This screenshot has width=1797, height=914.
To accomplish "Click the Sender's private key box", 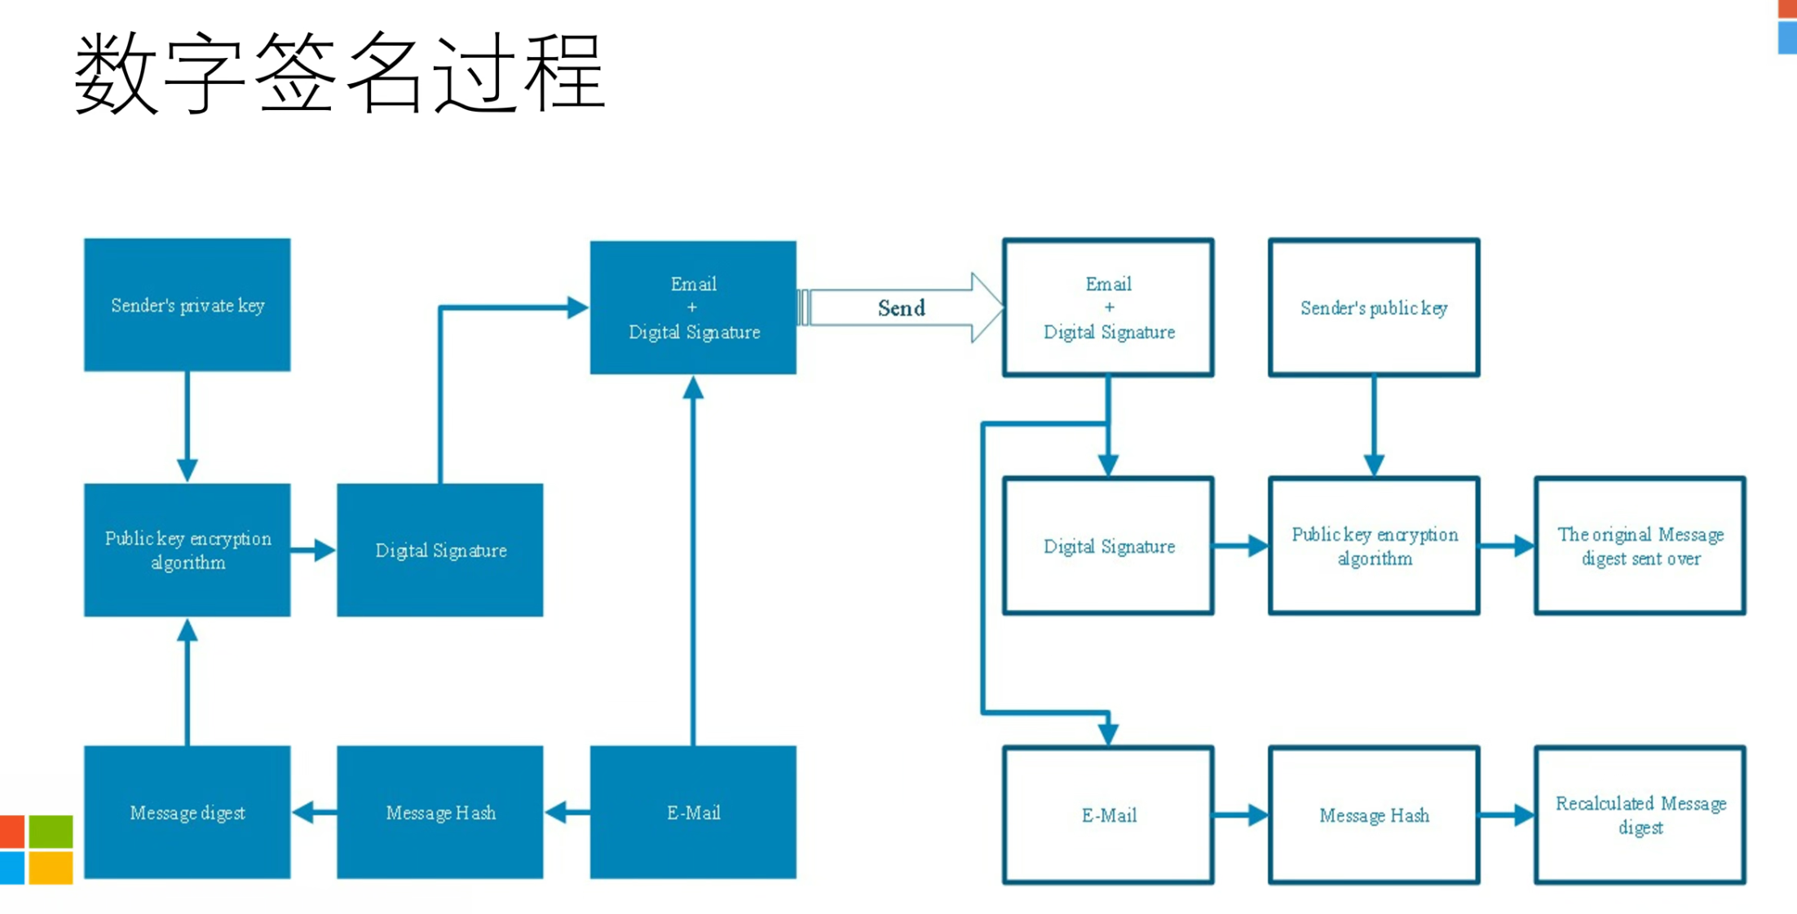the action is click(188, 305).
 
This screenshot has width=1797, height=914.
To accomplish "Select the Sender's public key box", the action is click(1374, 307).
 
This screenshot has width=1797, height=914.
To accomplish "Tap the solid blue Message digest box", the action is click(188, 812).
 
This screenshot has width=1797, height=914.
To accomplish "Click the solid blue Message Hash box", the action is click(440, 812).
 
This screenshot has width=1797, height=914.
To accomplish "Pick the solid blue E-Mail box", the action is click(693, 812).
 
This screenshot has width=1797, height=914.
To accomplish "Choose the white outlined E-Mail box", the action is click(1108, 815).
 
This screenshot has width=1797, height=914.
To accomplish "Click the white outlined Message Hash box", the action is click(1374, 815).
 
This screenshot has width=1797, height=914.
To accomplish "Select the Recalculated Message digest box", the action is click(1640, 815).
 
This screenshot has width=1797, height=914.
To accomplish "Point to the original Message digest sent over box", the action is click(1640, 545).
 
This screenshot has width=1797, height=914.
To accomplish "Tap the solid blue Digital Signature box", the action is click(440, 550).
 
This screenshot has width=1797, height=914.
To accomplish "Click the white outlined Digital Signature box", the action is click(1108, 545).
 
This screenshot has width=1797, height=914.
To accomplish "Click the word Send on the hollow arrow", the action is click(901, 308).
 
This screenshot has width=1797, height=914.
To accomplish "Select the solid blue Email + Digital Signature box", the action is click(693, 307).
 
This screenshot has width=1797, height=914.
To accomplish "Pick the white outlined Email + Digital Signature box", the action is click(1108, 307).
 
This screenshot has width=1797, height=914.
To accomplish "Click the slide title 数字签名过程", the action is click(339, 72).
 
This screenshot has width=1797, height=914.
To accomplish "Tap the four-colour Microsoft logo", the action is click(36, 850).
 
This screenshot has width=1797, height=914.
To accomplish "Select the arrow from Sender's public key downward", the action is click(1374, 426).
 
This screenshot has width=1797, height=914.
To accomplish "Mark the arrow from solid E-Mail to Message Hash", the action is click(567, 812).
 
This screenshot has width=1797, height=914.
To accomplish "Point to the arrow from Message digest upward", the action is click(188, 682).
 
